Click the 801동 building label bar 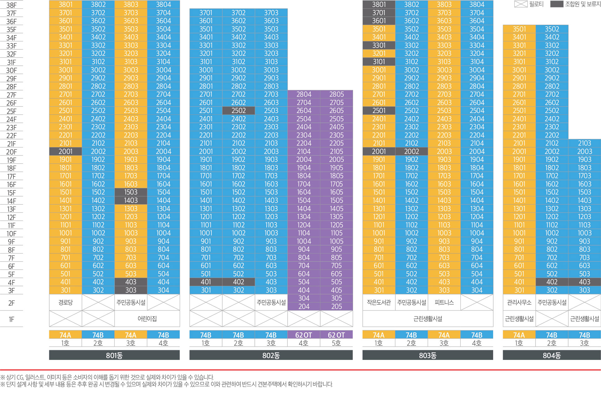pyautogui.click(x=114, y=355)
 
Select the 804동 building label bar pyautogui.click(x=552, y=355)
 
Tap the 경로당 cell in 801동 pyautogui.click(x=65, y=302)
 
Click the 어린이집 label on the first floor pyautogui.click(x=147, y=319)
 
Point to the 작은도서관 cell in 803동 pyautogui.click(x=379, y=302)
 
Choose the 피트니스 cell pyautogui.click(x=444, y=302)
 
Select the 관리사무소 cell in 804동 pyautogui.click(x=519, y=302)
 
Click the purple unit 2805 pyautogui.click(x=336, y=94)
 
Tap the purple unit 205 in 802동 pyautogui.click(x=336, y=306)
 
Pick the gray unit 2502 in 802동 pyautogui.click(x=239, y=110)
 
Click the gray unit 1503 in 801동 pyautogui.click(x=131, y=192)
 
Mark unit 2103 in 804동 pyautogui.click(x=584, y=143)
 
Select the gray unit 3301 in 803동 pyautogui.click(x=379, y=45)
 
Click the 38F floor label pyautogui.click(x=12, y=5)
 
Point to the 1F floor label pyautogui.click(x=12, y=319)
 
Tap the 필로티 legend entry pyautogui.click(x=529, y=4)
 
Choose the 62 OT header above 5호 pyautogui.click(x=336, y=335)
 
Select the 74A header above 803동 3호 pyautogui.click(x=444, y=335)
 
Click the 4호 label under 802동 pyautogui.click(x=304, y=343)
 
